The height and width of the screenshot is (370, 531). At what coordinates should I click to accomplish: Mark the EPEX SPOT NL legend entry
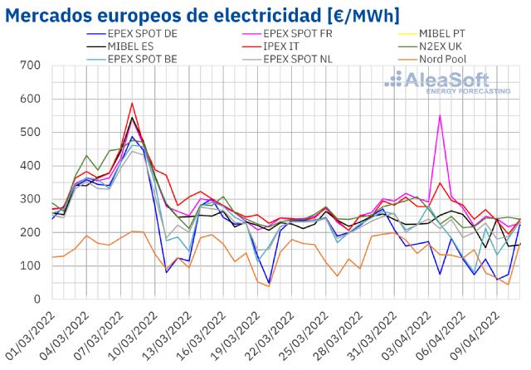[303, 60]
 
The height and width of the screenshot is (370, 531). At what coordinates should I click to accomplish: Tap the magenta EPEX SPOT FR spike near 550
[440, 115]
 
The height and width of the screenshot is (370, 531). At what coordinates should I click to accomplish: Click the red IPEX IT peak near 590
[132, 104]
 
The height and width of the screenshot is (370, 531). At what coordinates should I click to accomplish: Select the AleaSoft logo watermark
[448, 83]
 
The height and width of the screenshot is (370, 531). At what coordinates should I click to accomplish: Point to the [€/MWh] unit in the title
[353, 15]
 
